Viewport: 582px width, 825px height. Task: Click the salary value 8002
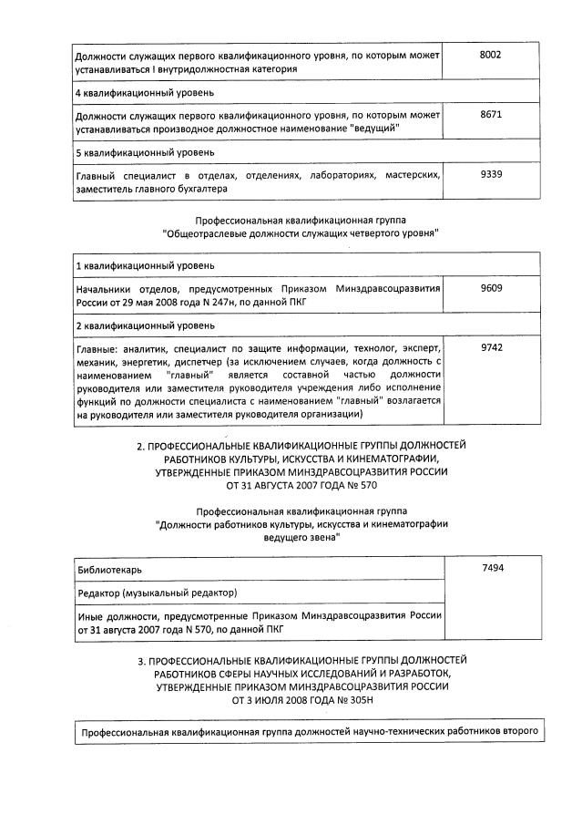[490, 55]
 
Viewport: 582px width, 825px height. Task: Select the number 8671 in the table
[490, 115]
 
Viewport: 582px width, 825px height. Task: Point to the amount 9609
[490, 288]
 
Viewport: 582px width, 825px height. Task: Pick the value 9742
[490, 347]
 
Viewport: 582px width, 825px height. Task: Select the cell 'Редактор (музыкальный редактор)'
[157, 593]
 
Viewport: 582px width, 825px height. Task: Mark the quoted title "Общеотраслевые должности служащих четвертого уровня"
[301, 233]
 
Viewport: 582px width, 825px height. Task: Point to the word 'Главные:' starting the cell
[98, 348]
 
